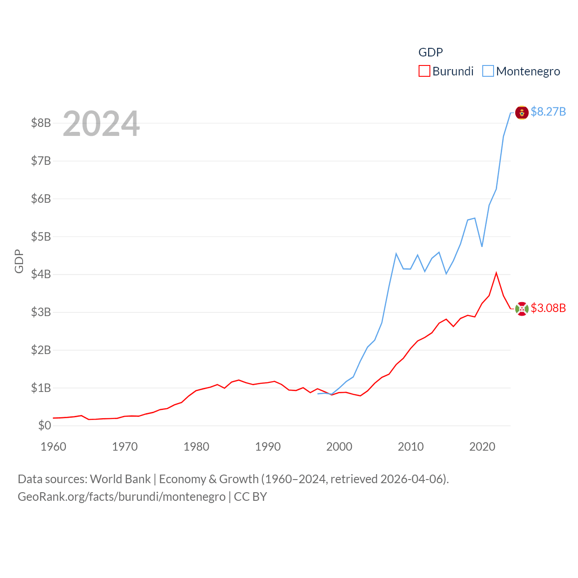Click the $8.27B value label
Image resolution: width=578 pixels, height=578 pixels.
[548, 112]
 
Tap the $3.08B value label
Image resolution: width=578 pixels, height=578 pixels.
[548, 308]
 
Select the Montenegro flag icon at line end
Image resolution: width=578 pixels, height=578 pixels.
[522, 112]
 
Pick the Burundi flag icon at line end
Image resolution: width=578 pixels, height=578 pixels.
[522, 309]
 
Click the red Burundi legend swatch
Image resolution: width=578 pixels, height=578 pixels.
[424, 71]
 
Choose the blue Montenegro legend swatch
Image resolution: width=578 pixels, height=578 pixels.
[488, 71]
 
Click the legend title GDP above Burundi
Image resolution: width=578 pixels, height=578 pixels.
[430, 52]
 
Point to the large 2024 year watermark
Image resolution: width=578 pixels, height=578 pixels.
[101, 124]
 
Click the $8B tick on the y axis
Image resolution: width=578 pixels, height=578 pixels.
[41, 123]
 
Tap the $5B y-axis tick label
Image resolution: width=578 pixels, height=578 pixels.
[41, 237]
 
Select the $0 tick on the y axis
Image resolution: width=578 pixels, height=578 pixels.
[44, 425]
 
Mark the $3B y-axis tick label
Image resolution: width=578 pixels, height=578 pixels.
[41, 312]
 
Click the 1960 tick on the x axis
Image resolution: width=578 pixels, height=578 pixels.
[53, 447]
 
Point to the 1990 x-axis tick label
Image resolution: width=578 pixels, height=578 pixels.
[268, 447]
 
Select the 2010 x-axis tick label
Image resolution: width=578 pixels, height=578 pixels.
[410, 447]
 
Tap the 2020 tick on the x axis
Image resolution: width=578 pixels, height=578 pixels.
[482, 447]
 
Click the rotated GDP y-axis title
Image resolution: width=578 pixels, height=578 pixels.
[19, 261]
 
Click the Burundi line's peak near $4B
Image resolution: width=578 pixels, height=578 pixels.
[496, 273]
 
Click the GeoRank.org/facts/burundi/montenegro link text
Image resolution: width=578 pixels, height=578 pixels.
[121, 497]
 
